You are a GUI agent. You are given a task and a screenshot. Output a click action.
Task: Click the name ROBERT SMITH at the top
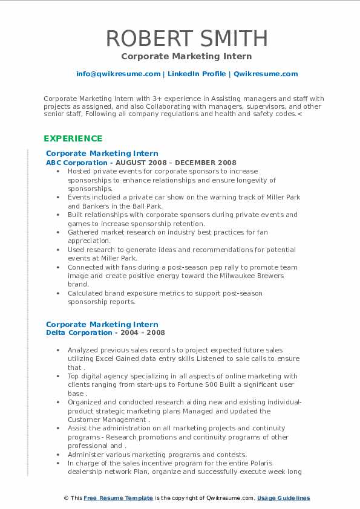tap(187, 38)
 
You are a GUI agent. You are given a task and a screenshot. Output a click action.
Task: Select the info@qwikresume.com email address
tap(118, 74)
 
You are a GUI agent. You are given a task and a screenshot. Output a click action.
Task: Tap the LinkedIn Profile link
tap(197, 74)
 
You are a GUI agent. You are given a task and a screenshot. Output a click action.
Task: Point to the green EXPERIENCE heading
tap(72, 138)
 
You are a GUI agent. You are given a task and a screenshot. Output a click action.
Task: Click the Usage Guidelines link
tap(283, 498)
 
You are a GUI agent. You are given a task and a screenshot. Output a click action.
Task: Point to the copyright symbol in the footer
tap(66, 498)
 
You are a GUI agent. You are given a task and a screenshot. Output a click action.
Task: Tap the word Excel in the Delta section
tap(125, 358)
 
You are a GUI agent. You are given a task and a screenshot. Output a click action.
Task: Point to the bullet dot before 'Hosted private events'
tap(57, 171)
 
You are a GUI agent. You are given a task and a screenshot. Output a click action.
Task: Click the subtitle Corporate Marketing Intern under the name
tap(187, 56)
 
